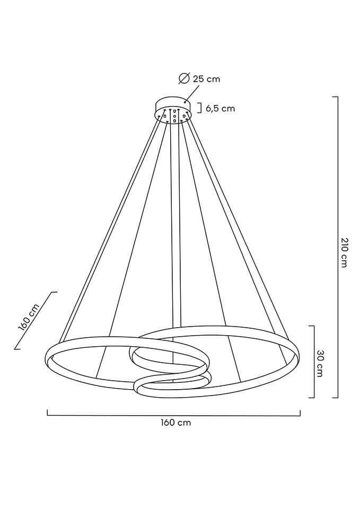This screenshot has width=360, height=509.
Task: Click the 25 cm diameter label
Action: click(206, 79)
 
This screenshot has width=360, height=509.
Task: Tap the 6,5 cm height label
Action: click(219, 109)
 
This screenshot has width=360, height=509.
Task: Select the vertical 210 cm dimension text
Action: click(344, 252)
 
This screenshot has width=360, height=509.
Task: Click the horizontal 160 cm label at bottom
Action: click(175, 423)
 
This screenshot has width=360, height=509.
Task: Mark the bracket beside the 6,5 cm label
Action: click(200, 108)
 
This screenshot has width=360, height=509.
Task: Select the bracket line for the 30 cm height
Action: click(314, 362)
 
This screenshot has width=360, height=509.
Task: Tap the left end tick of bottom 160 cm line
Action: click(48, 412)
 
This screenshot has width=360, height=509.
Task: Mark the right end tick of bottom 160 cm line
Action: click(300, 412)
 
